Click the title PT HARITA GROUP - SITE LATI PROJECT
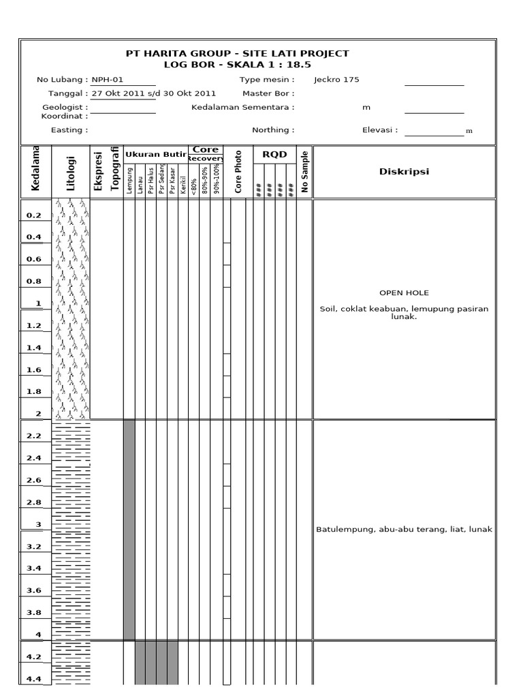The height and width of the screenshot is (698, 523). pos(237,53)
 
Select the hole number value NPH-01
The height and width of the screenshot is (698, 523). pos(108,80)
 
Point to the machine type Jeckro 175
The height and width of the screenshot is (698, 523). pos(336,80)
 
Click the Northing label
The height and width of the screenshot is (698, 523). pos(273,130)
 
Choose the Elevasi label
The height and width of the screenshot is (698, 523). pos(380,130)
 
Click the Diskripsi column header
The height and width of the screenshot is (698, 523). pos(404,172)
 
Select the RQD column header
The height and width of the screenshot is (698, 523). pos(275,155)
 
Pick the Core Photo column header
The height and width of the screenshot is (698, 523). pos(238,172)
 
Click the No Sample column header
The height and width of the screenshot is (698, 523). pos(305,172)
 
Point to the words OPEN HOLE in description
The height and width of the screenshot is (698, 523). pos(404,293)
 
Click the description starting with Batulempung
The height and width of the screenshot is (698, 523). pos(404,530)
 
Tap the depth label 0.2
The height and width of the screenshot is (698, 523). pos(34,215)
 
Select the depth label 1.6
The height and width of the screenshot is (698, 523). pos(34,370)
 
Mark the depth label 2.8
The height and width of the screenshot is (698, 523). pos(34,502)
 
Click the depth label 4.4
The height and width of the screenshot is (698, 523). pos(34,679)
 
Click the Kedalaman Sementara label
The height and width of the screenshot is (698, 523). pos(243,107)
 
